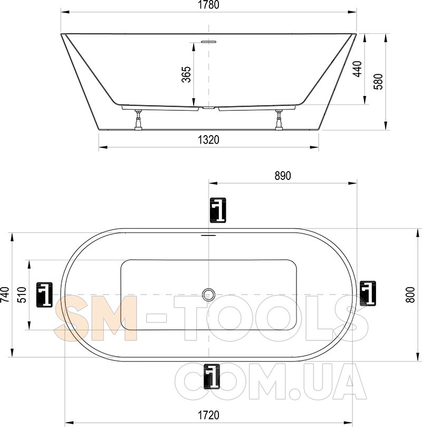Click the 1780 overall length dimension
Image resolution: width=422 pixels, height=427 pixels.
click(x=208, y=5)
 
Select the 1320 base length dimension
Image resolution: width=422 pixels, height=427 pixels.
click(x=208, y=140)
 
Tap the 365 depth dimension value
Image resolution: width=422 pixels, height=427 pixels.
click(x=186, y=74)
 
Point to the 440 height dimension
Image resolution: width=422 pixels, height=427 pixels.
click(x=358, y=69)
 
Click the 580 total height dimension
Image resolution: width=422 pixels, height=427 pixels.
click(x=378, y=81)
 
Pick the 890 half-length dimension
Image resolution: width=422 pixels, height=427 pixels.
click(x=283, y=176)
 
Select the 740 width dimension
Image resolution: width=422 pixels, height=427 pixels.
click(x=5, y=295)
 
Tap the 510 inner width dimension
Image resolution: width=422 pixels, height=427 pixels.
click(x=22, y=295)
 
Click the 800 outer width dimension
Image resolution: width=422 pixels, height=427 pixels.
click(x=410, y=295)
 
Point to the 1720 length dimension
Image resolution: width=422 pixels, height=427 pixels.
click(x=208, y=415)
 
